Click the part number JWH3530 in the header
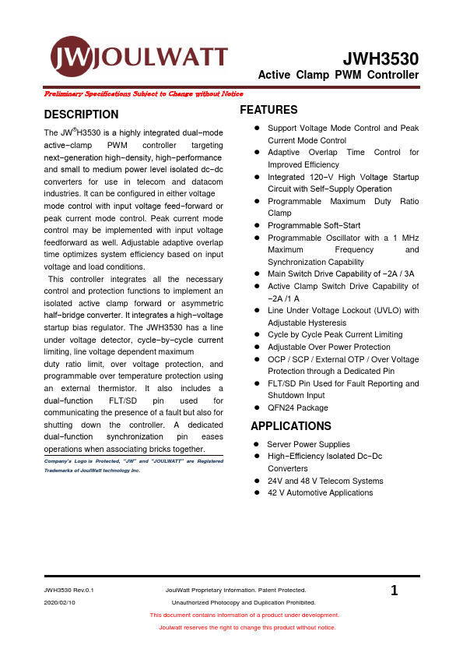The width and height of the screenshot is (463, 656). (381, 58)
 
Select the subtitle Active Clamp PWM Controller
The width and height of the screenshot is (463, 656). (338, 76)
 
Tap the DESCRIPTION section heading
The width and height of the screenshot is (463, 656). (81, 115)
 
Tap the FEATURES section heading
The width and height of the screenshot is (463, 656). (268, 110)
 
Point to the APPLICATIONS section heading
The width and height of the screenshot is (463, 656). (290, 426)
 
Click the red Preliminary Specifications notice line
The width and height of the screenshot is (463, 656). (143, 93)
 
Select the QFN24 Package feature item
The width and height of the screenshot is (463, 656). (297, 407)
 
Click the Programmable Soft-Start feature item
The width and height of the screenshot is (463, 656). (314, 225)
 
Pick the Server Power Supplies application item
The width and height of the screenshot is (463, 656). (308, 444)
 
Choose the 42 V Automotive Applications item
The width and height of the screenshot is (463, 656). (320, 492)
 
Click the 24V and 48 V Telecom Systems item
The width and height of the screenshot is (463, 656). (325, 481)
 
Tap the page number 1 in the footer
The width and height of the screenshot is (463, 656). (395, 591)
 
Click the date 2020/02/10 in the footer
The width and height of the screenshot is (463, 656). (60, 602)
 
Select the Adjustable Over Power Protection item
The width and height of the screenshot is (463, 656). (328, 347)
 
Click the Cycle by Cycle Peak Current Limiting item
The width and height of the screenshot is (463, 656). (334, 335)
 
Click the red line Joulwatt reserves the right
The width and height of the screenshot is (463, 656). (247, 627)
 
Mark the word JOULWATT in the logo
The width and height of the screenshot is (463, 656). (161, 57)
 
